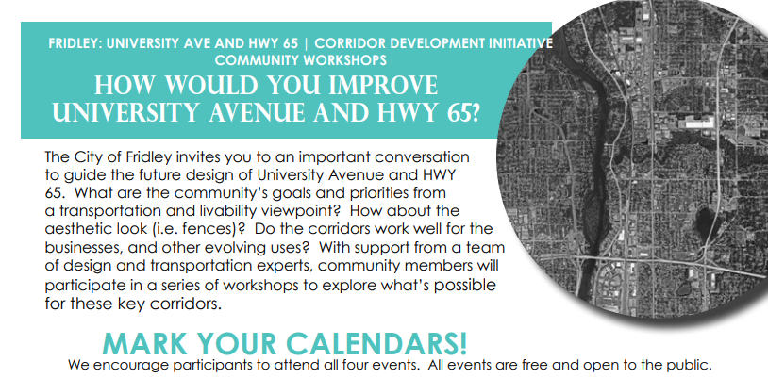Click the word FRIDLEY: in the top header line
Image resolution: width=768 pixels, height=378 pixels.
pos(75,43)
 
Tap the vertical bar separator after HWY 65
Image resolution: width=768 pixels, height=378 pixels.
pos(306,43)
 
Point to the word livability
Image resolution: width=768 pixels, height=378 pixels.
pos(240,211)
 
